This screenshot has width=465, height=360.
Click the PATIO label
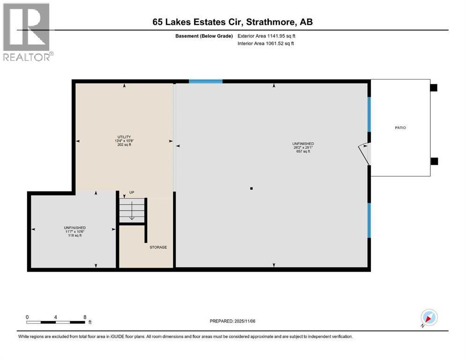tap(400, 127)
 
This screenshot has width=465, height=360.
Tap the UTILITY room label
tap(124, 137)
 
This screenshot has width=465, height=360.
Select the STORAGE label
tap(158, 247)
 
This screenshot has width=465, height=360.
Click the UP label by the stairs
tap(132, 192)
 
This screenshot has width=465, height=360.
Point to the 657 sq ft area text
tap(303, 151)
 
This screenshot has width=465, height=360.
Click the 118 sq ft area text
tap(75, 235)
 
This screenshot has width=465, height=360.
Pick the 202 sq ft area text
tap(124, 144)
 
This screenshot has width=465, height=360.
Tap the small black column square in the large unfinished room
tap(251, 188)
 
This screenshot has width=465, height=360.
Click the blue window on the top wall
tap(206, 81)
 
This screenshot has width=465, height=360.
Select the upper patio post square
tap(434, 88)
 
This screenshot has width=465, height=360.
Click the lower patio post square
tap(434, 161)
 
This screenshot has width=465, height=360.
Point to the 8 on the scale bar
tap(85, 317)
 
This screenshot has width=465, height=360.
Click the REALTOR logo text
tap(28, 57)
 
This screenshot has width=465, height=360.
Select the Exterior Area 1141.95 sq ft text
tap(266, 36)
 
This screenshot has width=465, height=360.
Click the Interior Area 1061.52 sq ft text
tap(266, 43)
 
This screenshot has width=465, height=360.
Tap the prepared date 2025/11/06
tap(244, 321)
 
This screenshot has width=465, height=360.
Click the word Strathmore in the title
tap(271, 22)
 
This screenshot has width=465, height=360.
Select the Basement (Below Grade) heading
tap(204, 36)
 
